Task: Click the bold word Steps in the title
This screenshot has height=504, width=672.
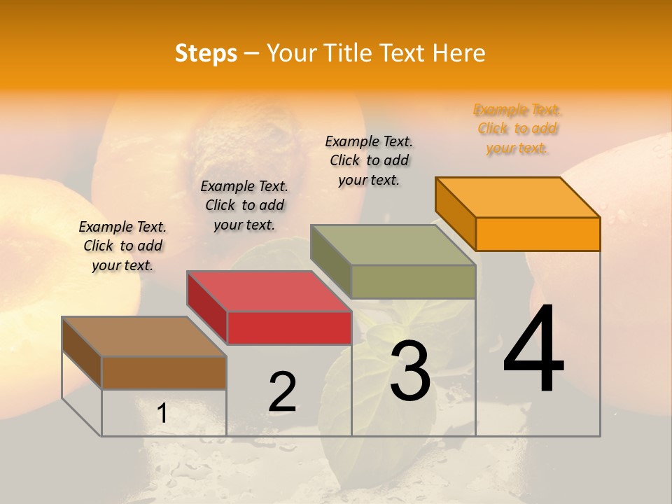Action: tap(206, 53)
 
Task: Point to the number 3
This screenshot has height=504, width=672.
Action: tap(410, 370)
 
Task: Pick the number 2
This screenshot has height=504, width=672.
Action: tap(283, 391)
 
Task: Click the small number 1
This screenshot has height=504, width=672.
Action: tap(162, 413)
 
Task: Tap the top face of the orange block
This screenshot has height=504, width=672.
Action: tap(518, 197)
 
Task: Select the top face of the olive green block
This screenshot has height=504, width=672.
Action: tap(393, 245)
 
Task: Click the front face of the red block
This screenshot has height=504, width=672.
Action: tap(289, 328)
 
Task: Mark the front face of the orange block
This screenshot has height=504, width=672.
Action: tap(538, 234)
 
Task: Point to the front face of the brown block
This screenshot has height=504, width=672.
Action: tap(164, 373)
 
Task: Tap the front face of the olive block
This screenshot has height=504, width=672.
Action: tap(413, 281)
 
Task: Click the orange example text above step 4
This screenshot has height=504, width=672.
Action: tap(517, 129)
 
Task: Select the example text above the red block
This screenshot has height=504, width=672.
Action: tap(244, 205)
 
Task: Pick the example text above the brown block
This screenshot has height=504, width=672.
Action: tap(122, 246)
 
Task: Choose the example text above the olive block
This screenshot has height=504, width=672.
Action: tap(369, 160)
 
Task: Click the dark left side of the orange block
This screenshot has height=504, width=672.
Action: tap(455, 213)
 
